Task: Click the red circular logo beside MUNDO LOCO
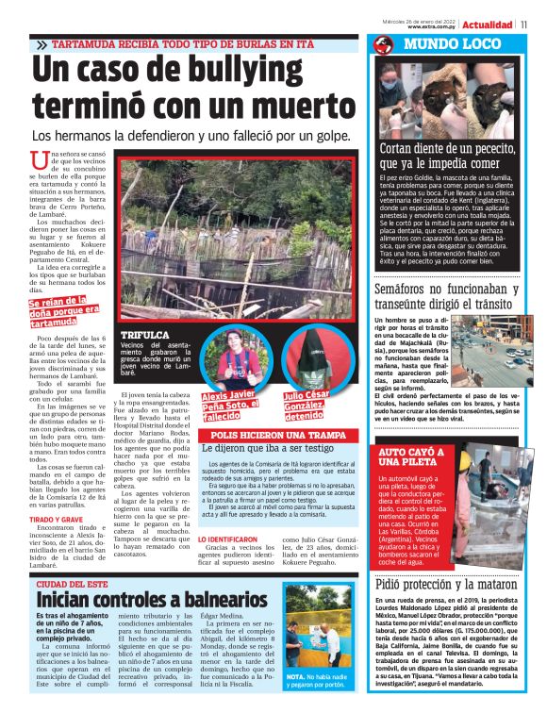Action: [382, 45]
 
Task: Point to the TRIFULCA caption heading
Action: [145, 335]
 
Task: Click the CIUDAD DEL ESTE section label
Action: [76, 585]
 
